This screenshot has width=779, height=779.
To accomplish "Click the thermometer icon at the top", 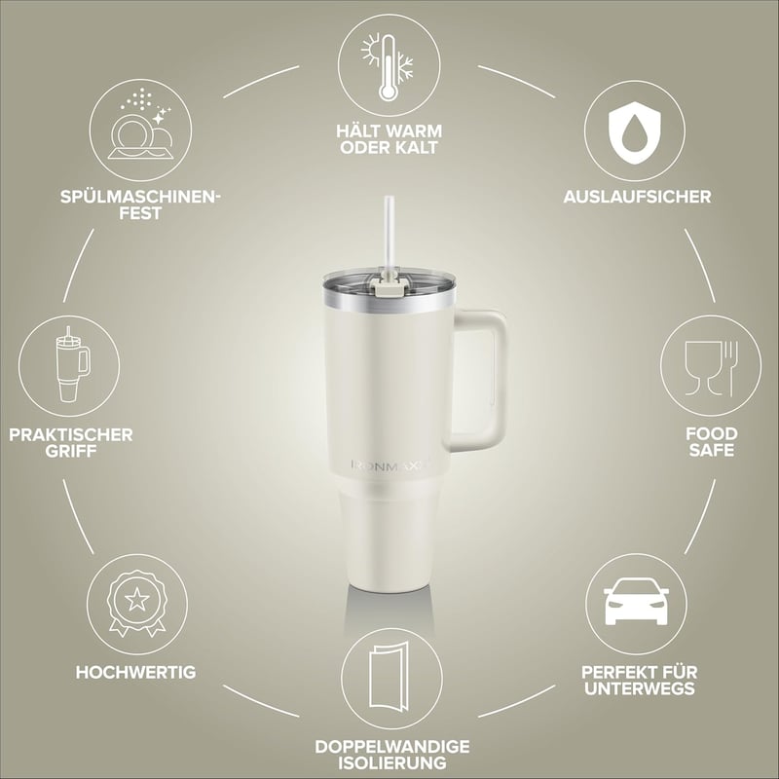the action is (388, 66).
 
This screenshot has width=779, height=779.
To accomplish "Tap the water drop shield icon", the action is (635, 132).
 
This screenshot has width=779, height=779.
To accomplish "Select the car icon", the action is (636, 601).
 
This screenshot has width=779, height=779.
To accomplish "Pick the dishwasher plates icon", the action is (140, 126).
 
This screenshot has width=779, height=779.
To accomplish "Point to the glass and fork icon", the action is (711, 368).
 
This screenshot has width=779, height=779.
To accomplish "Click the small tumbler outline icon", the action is (72, 364).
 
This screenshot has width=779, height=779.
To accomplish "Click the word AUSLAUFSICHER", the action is (637, 197).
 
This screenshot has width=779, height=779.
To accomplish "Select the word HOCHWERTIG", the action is (135, 672).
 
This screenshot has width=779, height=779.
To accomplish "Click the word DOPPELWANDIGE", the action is (392, 747).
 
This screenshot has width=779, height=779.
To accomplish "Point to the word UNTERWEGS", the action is (640, 688).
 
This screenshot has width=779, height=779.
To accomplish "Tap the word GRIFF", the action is (70, 451).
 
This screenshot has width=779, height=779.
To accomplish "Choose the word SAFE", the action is (711, 450).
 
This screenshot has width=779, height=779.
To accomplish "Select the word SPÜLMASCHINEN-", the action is (140, 197).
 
